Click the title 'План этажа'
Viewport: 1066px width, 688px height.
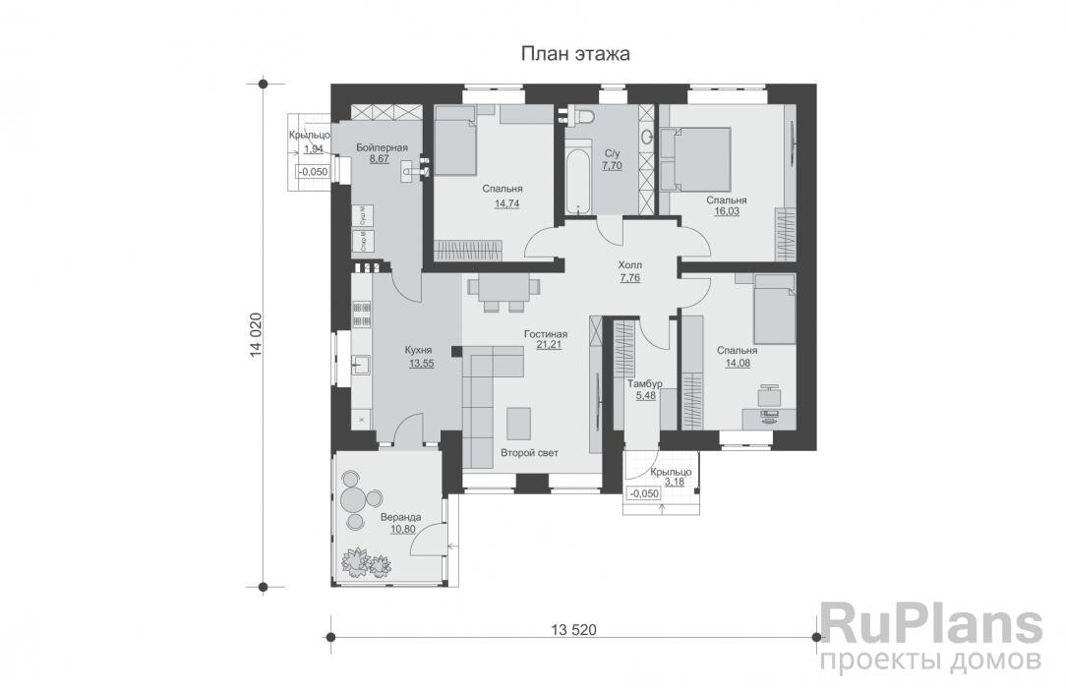tap(575, 54)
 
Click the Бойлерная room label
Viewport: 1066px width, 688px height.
tap(382, 146)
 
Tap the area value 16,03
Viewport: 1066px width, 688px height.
tap(726, 213)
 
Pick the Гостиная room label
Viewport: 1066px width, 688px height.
tap(545, 334)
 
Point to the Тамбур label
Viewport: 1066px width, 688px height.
tap(645, 383)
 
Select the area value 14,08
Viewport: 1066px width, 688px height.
tap(736, 364)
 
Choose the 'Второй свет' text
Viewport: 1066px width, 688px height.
tap(529, 453)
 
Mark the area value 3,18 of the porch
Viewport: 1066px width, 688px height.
tap(676, 483)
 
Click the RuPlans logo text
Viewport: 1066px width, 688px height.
tap(929, 627)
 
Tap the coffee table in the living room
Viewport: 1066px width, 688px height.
tap(518, 422)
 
